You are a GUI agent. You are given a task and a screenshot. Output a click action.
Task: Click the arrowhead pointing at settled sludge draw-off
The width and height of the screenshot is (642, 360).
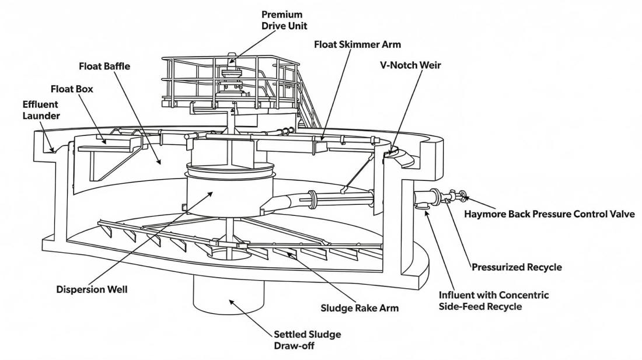(232, 302)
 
